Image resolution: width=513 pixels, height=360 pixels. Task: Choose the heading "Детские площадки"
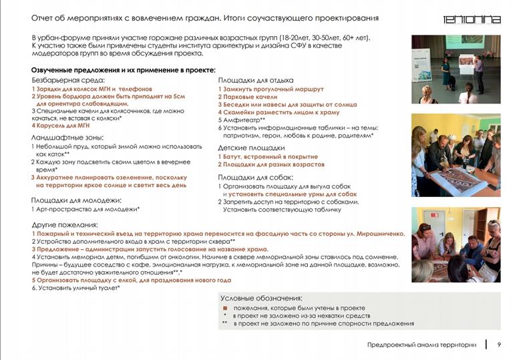click(x=251, y=148)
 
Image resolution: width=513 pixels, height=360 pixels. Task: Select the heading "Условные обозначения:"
click(x=263, y=298)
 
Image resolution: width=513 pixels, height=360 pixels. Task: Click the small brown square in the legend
click(x=225, y=308)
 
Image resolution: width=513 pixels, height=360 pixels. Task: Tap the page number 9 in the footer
click(x=498, y=345)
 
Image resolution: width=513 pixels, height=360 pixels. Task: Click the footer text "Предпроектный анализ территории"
click(x=421, y=345)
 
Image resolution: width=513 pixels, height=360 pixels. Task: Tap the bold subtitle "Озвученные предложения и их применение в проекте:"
click(x=124, y=70)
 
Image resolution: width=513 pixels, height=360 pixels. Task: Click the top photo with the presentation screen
click(x=456, y=69)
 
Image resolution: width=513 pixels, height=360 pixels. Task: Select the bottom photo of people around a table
click(x=456, y=244)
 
